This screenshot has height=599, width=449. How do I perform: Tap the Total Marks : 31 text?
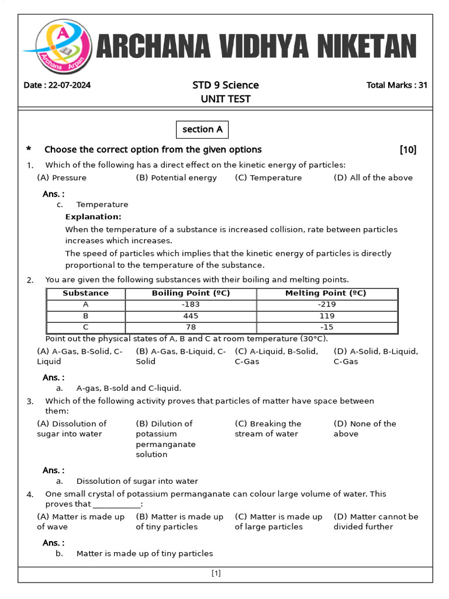click(x=396, y=85)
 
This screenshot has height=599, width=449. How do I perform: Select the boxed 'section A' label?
click(x=202, y=129)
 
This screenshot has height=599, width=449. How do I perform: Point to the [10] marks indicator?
click(x=408, y=150)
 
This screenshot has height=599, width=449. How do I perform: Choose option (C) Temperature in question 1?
click(x=268, y=178)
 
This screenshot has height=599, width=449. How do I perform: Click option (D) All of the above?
click(x=373, y=178)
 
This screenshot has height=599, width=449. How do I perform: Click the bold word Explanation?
click(x=93, y=217)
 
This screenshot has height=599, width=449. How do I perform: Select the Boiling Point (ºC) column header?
click(x=191, y=294)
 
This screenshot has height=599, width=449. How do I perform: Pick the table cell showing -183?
click(x=191, y=305)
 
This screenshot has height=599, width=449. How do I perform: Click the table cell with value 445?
click(x=191, y=316)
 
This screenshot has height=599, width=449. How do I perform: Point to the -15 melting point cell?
click(x=326, y=327)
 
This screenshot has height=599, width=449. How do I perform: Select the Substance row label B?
click(x=86, y=316)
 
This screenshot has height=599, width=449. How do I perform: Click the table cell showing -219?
click(x=326, y=305)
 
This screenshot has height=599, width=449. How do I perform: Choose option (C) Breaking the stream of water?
click(x=268, y=429)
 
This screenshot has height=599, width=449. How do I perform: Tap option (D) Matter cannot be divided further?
click(x=375, y=522)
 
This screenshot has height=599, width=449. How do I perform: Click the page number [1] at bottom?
click(x=216, y=574)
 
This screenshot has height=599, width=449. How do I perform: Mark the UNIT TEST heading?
click(x=226, y=99)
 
